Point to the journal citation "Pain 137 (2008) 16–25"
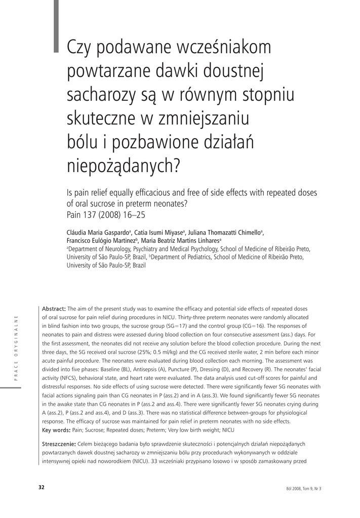pos(106,214)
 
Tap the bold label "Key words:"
pos(56,430)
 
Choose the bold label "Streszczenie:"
pos(59,444)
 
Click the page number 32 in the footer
pos(42,488)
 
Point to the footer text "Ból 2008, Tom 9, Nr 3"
pos(304,488)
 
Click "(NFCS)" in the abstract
pos(60,378)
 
